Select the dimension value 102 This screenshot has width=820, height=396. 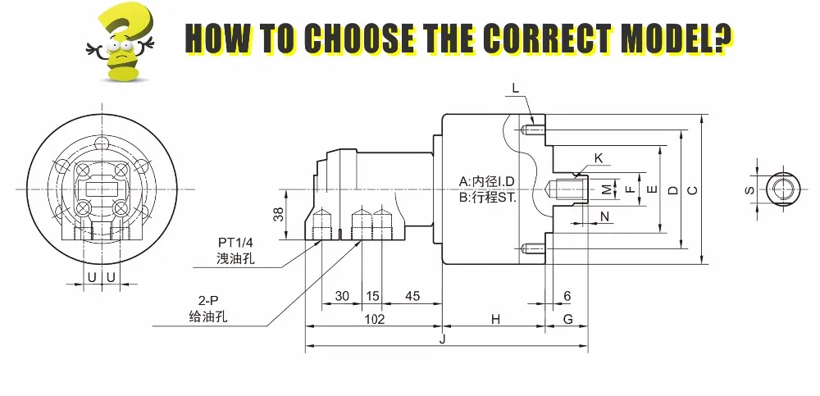tap(374, 320)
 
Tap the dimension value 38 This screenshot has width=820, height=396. tap(278, 215)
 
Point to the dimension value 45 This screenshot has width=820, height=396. tap(412, 296)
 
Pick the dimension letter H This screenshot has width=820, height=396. tap(495, 320)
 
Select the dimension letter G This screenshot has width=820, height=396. tap(567, 320)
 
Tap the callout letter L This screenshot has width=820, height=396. tap(515, 87)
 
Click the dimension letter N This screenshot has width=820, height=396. tap(604, 216)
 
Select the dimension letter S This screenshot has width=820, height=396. tap(749, 190)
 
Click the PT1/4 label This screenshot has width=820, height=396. tap(235, 243)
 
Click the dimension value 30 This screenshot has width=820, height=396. tap(342, 296)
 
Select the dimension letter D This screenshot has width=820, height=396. tap(672, 190)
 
